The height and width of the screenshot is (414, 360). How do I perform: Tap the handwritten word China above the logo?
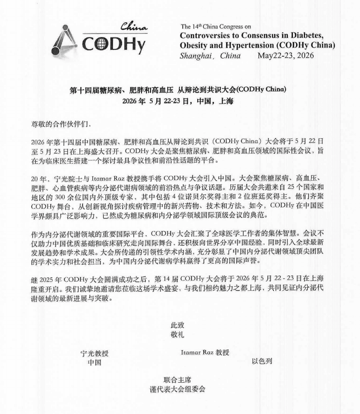click(134, 28)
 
